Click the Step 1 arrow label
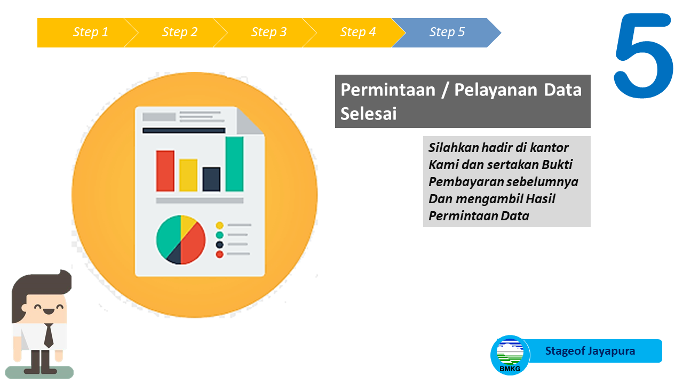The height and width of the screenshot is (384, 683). pos(91,32)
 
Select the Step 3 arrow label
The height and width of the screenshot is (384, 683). pos(269,32)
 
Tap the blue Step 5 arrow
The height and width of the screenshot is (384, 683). pos(447,33)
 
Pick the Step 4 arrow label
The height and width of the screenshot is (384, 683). pos(358,32)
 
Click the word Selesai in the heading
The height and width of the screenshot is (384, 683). pos(368,114)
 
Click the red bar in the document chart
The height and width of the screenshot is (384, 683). pos(165,171)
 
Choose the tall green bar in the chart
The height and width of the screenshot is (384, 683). pos(234,164)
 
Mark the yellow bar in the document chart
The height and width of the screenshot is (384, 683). pos(188,175)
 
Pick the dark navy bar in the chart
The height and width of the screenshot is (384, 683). pos(211,179)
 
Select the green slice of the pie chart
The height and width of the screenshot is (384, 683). pos(167,236)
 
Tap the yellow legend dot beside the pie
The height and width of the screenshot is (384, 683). pos(219,226)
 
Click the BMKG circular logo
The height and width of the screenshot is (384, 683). pos(510,355)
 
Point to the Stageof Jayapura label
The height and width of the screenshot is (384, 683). pos(590,351)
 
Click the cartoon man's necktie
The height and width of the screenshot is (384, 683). pos(49,335)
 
